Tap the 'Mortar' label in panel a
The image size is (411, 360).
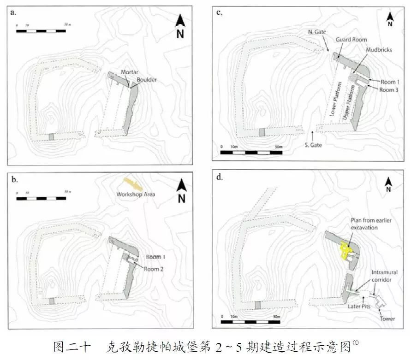[130, 72]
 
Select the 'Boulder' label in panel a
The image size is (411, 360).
[143, 79]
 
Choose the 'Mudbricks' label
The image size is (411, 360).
[378, 50]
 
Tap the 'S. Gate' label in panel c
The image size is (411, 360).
[314, 145]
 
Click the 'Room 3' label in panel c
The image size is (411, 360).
[390, 90]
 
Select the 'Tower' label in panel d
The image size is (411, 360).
[387, 319]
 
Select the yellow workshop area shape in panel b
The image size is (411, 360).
[133, 184]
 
